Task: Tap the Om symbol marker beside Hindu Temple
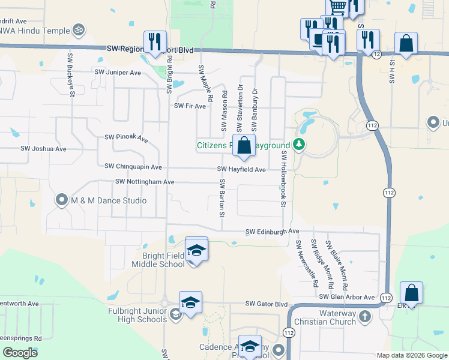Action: [77, 28]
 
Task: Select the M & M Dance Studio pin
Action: [62, 200]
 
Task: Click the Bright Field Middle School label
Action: [158, 259]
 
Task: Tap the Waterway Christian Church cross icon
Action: [364, 316]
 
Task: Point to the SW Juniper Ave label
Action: [118, 73]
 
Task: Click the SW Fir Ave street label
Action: [190, 106]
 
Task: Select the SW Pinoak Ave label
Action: [126, 139]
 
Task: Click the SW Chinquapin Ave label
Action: [133, 166]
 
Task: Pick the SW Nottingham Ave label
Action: [144, 182]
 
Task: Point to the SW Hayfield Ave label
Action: [241, 170]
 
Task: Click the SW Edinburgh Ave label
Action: [273, 232]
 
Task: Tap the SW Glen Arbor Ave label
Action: [347, 297]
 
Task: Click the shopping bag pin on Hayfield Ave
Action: [244, 146]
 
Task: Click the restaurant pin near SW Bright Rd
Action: [155, 41]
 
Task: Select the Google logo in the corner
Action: [20, 353]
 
